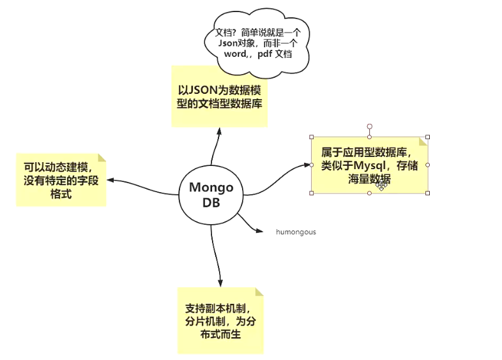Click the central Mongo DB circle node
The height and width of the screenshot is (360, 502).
point(211,195)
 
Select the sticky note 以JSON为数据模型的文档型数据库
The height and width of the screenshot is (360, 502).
point(219,96)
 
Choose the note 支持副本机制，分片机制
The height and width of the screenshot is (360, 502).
point(219,320)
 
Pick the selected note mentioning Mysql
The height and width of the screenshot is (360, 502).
point(369,165)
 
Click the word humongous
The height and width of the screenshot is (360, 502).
point(296,232)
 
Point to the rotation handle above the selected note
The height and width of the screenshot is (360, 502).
point(369,126)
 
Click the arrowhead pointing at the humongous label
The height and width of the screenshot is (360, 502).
point(259,230)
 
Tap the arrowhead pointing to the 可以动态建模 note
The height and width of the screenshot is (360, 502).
point(110,180)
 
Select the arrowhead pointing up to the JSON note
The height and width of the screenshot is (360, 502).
point(219,130)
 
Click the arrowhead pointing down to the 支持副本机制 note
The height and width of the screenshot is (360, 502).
point(220,283)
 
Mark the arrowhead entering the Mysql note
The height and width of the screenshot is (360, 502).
point(307,165)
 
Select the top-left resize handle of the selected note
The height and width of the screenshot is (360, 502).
point(312,137)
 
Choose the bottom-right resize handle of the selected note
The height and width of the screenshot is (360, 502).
point(427,193)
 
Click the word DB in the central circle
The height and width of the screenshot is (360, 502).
point(211,204)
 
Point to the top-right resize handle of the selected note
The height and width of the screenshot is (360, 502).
point(427,137)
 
